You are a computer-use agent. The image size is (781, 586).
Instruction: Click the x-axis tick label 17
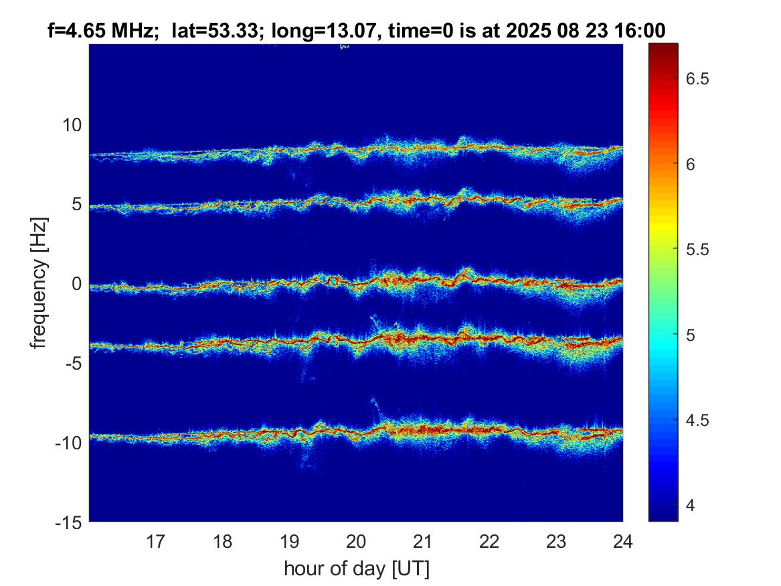156,540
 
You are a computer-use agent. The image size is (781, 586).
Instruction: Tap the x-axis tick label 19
289,540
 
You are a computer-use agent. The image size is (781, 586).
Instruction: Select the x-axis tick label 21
423,540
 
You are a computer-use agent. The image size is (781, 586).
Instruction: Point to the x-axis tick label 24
622,540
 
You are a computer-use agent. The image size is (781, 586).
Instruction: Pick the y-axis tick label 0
77,284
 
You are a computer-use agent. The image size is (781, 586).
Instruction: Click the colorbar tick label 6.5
699,79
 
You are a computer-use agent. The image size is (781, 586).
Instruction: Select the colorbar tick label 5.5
699,249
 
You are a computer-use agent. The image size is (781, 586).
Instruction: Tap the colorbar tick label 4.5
699,420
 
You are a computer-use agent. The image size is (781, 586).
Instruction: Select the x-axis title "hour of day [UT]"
356,569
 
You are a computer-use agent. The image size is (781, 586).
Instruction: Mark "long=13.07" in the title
298,29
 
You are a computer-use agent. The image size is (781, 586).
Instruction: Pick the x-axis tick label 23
556,540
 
